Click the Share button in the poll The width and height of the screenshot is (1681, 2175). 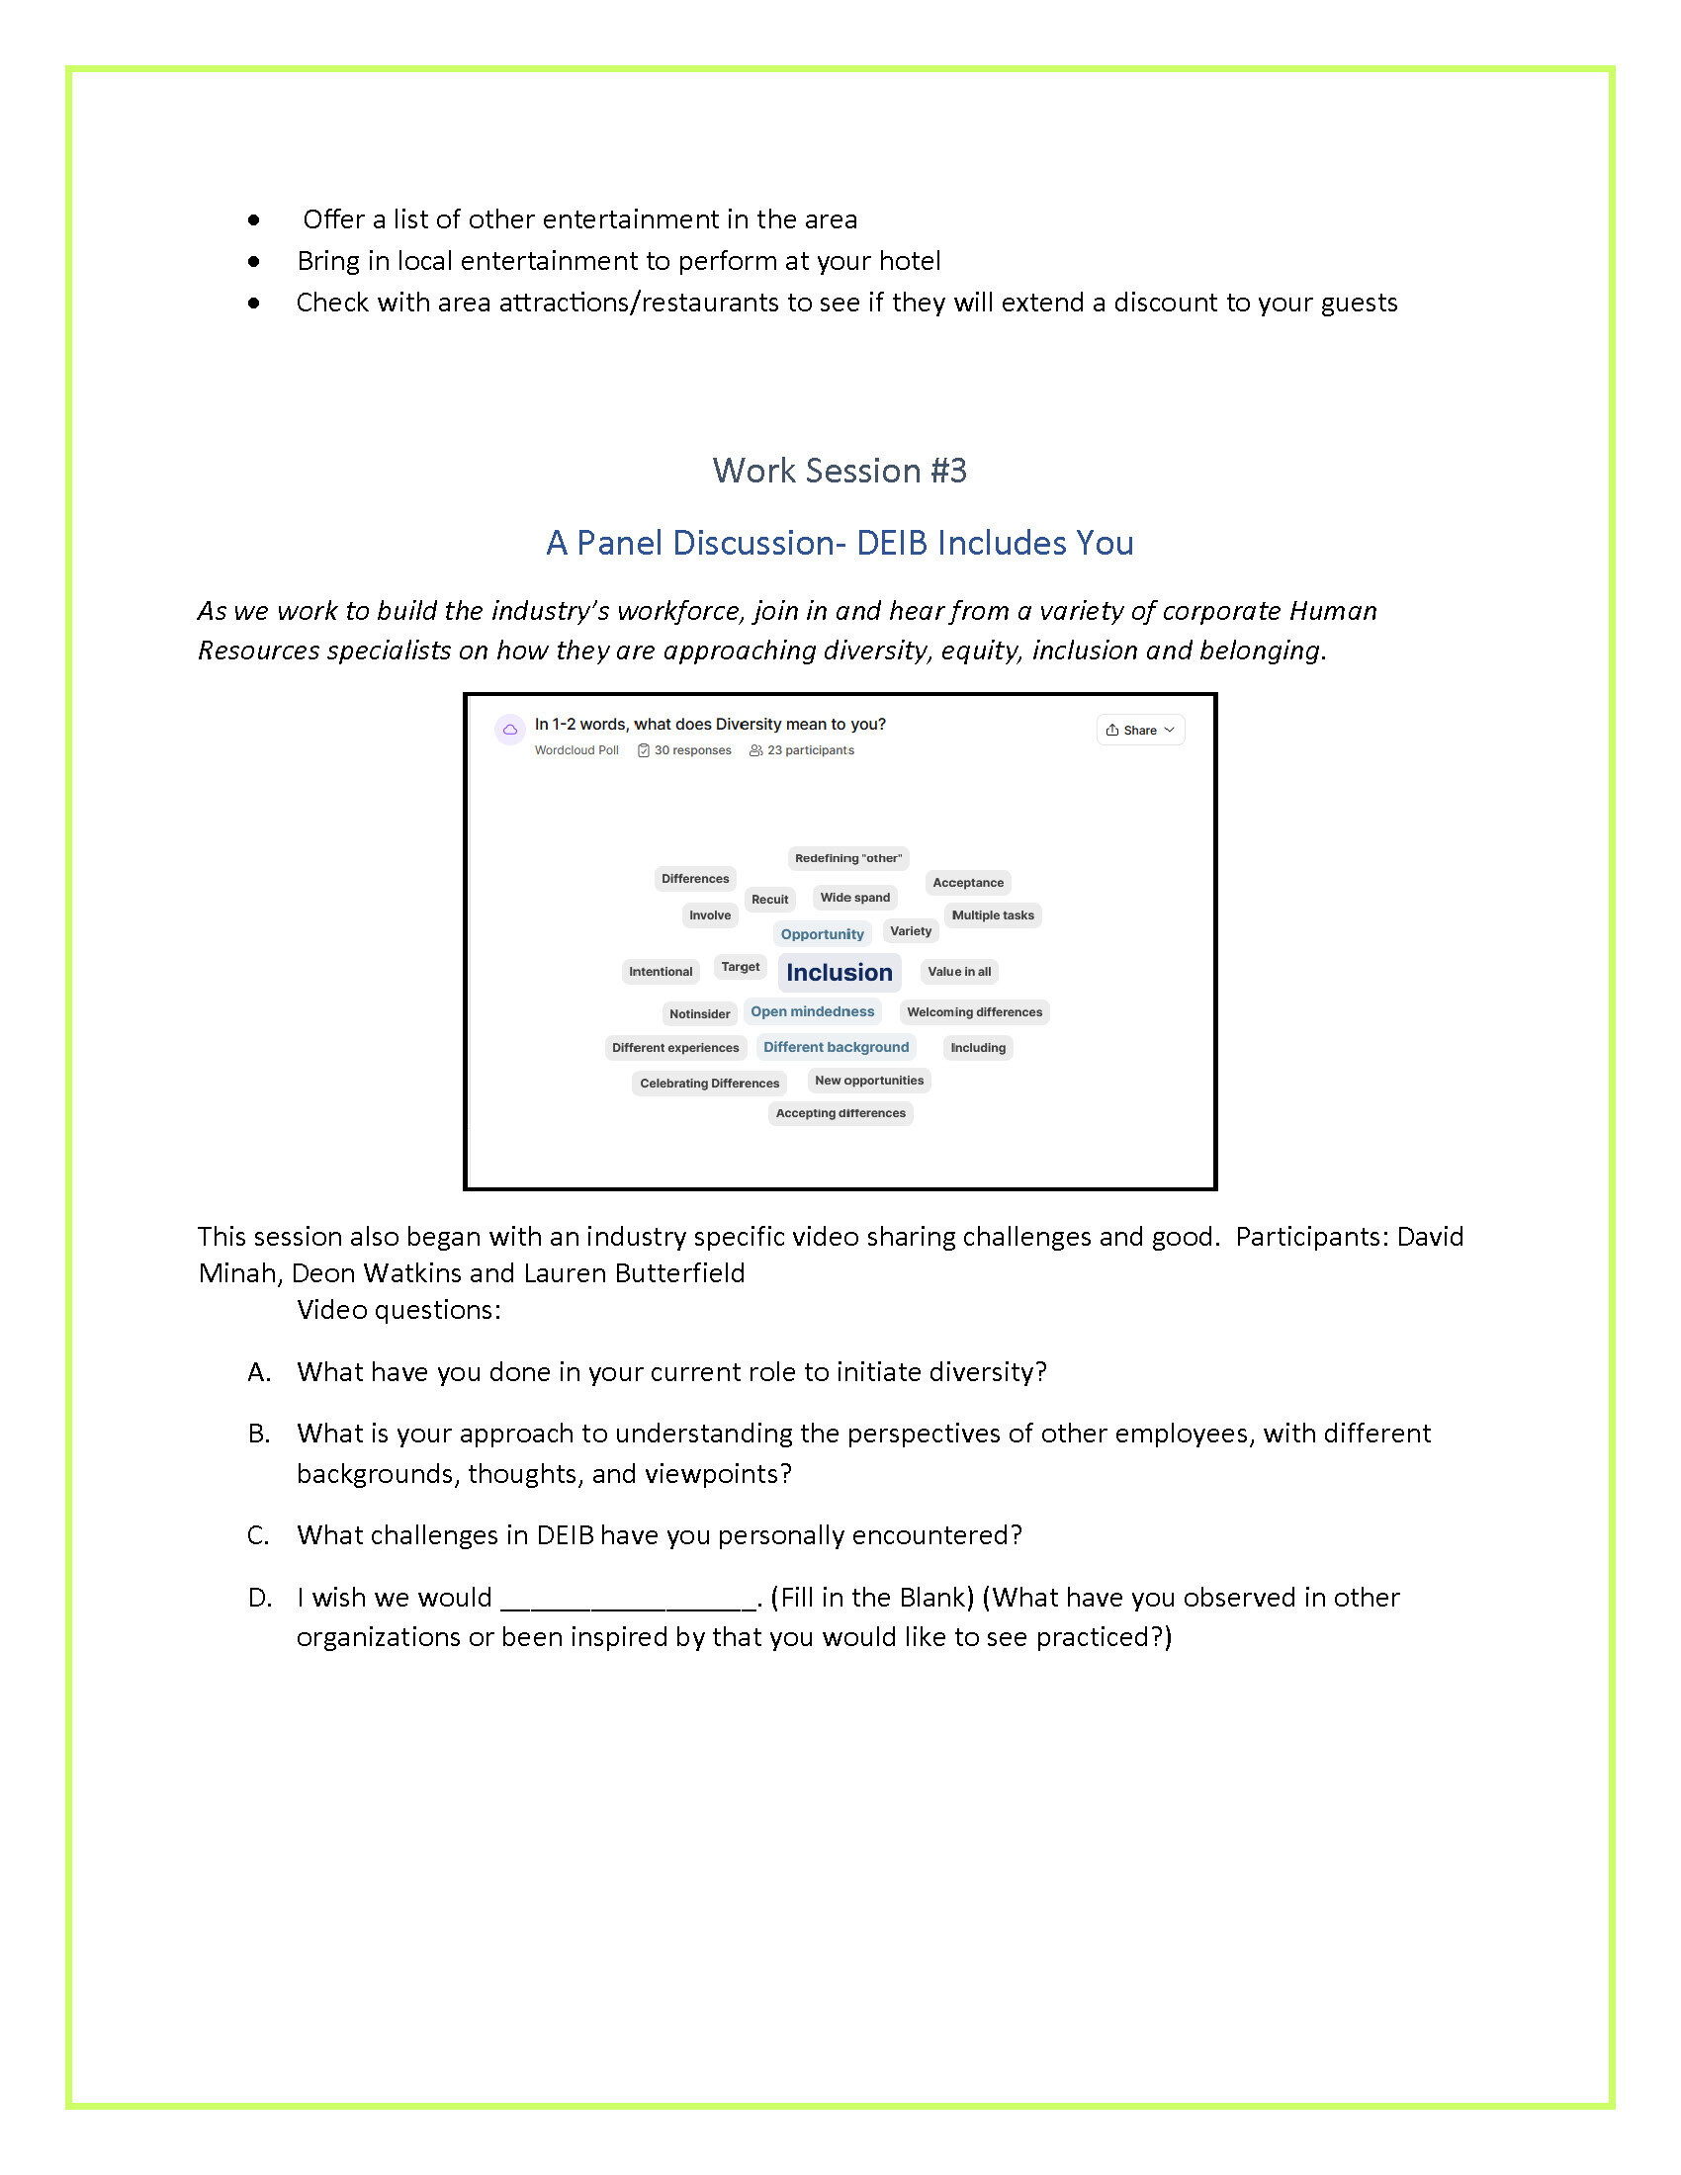tap(1140, 730)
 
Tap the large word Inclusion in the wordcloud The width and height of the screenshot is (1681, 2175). tap(840, 972)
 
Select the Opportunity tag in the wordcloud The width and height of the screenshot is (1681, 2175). tap(822, 934)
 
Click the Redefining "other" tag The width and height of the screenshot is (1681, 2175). tap(847, 858)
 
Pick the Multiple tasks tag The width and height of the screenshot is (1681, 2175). tap(992, 915)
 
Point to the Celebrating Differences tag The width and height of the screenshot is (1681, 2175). tap(709, 1084)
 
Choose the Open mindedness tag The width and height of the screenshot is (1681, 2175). tap(812, 1011)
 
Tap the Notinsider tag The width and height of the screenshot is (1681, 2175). tap(699, 1013)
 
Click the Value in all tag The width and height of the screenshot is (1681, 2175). tap(959, 972)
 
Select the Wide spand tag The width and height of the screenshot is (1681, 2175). tap(854, 898)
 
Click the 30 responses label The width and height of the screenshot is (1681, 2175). tap(692, 751)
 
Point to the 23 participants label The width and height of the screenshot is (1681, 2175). tap(810, 751)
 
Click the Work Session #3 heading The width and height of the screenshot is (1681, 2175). tap(840, 471)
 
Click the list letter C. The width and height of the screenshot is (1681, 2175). tap(258, 1535)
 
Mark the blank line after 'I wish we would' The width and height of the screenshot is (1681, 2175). tap(628, 1599)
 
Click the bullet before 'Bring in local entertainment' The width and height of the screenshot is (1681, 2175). tap(255, 262)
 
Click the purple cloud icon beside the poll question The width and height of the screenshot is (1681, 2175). tap(510, 730)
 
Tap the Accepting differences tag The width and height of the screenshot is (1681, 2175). tap(840, 1113)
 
